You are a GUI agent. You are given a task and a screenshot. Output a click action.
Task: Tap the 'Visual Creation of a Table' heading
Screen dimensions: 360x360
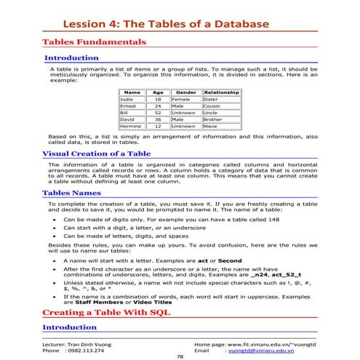[96, 154]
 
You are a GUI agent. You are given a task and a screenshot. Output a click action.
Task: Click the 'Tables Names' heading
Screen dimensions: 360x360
[71, 193]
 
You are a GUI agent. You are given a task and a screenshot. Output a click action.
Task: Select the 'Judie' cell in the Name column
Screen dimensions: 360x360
[126, 100]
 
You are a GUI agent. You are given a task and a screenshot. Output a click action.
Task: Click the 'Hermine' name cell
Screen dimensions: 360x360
[129, 126]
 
